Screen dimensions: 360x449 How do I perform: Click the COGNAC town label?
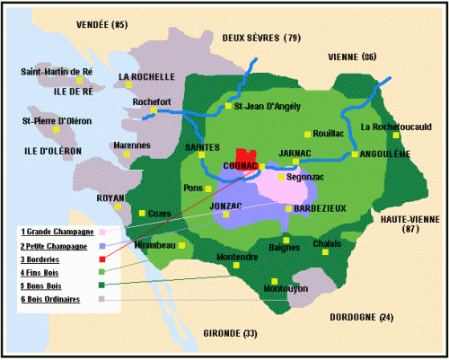(241, 167)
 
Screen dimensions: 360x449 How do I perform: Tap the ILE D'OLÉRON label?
(40, 151)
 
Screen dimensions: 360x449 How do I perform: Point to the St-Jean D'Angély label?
(267, 105)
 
